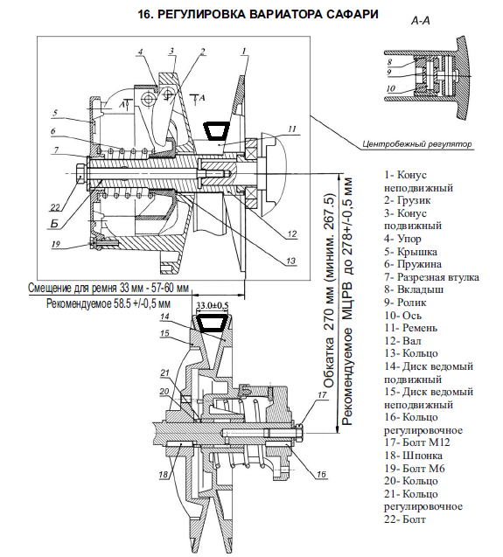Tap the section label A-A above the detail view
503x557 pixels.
(x=421, y=21)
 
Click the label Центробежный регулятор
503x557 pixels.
(x=417, y=144)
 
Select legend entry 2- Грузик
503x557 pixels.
(x=408, y=200)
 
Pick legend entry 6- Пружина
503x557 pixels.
(x=413, y=264)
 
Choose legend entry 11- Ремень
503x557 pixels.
(x=410, y=328)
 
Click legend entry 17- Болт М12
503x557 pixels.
(x=416, y=442)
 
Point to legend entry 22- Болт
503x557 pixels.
(x=405, y=519)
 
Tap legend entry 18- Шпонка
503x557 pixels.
(x=413, y=456)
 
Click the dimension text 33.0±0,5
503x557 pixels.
(x=213, y=306)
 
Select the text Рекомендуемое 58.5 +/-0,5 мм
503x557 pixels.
(x=108, y=303)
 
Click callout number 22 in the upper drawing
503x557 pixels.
(x=56, y=207)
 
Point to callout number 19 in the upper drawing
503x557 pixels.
(x=56, y=244)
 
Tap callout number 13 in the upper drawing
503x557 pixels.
(x=290, y=261)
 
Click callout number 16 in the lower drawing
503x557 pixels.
(x=321, y=474)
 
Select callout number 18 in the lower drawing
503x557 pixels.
(x=164, y=475)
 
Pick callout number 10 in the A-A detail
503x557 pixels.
(x=391, y=88)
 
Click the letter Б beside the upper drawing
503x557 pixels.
(x=54, y=224)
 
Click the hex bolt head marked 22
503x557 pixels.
(x=80, y=173)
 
